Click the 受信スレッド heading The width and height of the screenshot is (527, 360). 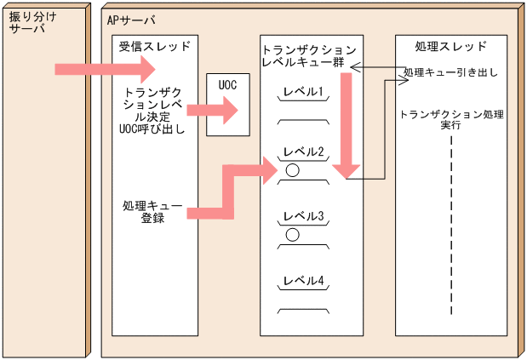pyautogui.click(x=154, y=46)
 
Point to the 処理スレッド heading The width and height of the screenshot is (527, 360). pyautogui.click(x=451, y=46)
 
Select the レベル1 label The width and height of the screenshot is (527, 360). pyautogui.click(x=304, y=92)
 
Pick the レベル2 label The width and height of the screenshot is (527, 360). pyautogui.click(x=304, y=152)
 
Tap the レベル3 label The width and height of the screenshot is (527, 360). pyautogui.click(x=304, y=216)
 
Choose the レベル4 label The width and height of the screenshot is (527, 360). pyautogui.click(x=304, y=281)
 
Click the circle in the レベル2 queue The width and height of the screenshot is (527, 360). pyautogui.click(x=292, y=170)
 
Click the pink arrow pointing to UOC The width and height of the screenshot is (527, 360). pyautogui.click(x=212, y=108)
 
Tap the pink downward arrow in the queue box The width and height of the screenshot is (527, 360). pyautogui.click(x=345, y=128)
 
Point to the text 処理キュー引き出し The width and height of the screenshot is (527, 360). pyautogui.click(x=450, y=73)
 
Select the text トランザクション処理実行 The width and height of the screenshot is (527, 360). pyautogui.click(x=451, y=118)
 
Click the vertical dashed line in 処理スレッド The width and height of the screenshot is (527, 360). pyautogui.click(x=451, y=230)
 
